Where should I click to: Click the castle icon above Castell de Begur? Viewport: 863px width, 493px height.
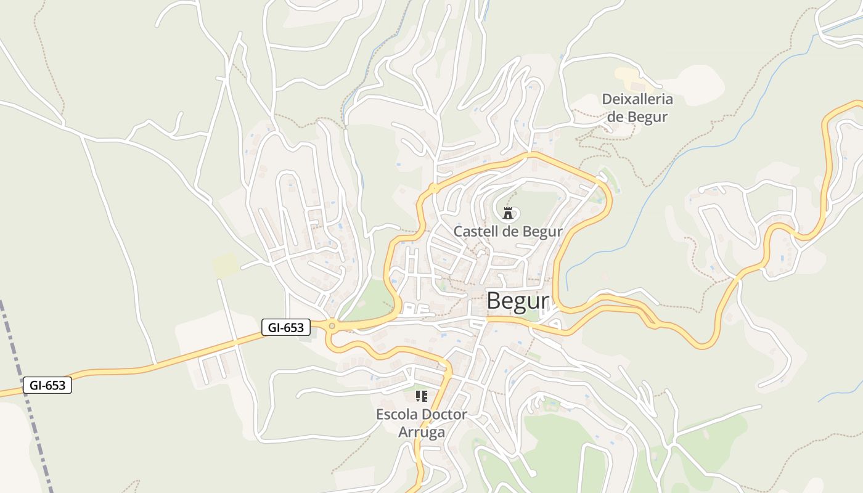point(508,214)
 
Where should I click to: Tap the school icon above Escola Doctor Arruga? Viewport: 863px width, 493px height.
point(422,396)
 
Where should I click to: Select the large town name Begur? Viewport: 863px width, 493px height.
point(517,301)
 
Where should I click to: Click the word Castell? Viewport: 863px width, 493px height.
point(475,232)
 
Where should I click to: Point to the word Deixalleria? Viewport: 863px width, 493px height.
point(637,99)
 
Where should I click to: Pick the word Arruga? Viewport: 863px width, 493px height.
point(422,432)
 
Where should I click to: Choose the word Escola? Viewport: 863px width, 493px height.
point(397,414)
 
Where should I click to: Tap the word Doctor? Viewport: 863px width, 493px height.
point(445,414)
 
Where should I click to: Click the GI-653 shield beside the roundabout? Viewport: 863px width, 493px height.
point(286,327)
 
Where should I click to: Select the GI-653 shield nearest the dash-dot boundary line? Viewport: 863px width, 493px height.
point(47,386)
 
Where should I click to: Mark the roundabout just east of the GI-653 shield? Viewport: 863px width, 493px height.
point(332,326)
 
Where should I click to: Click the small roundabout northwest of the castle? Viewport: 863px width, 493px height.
point(434,187)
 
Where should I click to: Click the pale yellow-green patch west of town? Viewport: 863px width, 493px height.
point(226,265)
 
